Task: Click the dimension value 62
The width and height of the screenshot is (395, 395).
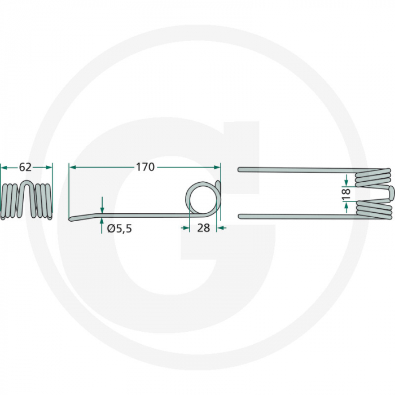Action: (x=25, y=167)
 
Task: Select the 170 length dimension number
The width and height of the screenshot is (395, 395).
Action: (x=145, y=167)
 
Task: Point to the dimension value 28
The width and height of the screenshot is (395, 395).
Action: (x=203, y=227)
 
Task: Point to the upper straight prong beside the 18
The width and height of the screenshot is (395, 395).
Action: (x=293, y=169)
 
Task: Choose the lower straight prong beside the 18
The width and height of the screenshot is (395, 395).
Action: (x=293, y=216)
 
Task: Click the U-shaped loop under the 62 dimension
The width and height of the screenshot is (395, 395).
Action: (x=27, y=195)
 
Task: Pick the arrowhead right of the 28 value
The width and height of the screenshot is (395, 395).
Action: (x=221, y=227)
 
